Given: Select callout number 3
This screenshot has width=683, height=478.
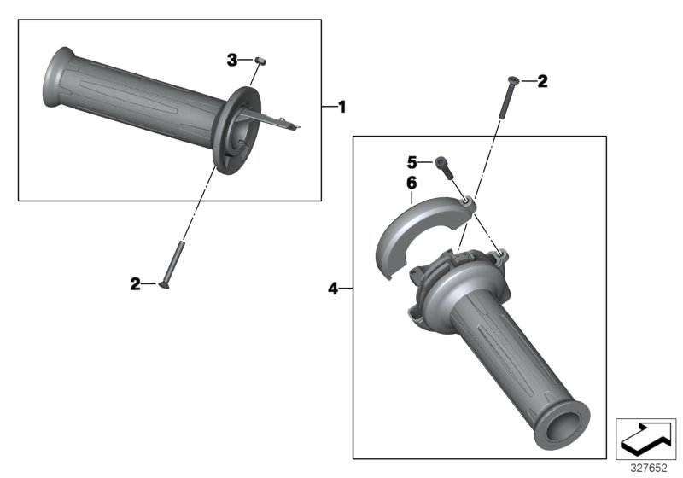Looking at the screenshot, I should (232, 59).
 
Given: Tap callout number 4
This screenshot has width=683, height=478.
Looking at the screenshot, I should (334, 289).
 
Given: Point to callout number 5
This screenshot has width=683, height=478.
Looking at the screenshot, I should (411, 160).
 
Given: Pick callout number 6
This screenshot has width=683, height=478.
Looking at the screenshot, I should (411, 183).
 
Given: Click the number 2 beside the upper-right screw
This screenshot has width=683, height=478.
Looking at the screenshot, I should (542, 82).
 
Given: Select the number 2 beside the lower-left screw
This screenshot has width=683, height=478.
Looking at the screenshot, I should (135, 284).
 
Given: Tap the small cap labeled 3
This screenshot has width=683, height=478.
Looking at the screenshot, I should (261, 61).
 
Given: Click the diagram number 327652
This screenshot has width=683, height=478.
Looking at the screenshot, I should (648, 467).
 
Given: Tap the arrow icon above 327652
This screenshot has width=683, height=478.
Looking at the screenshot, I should (646, 438).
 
